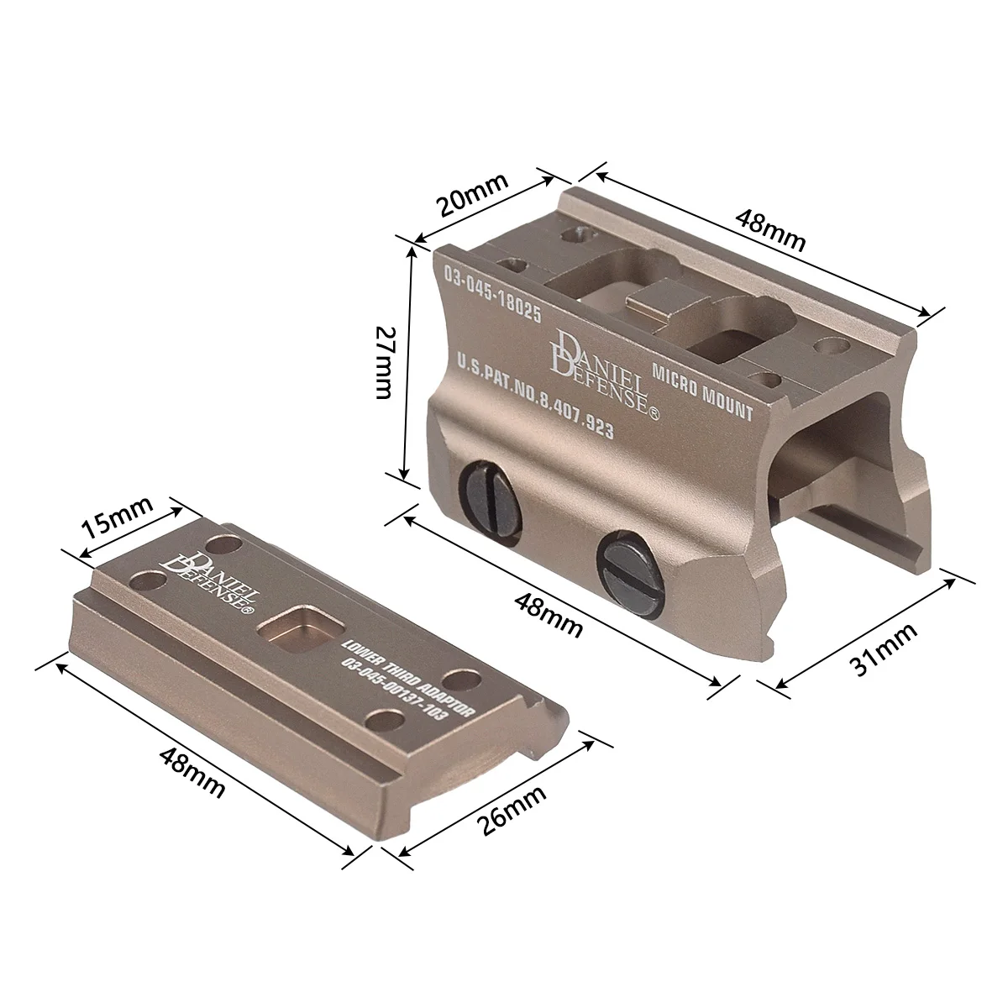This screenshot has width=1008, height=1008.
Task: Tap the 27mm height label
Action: click(385, 363)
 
